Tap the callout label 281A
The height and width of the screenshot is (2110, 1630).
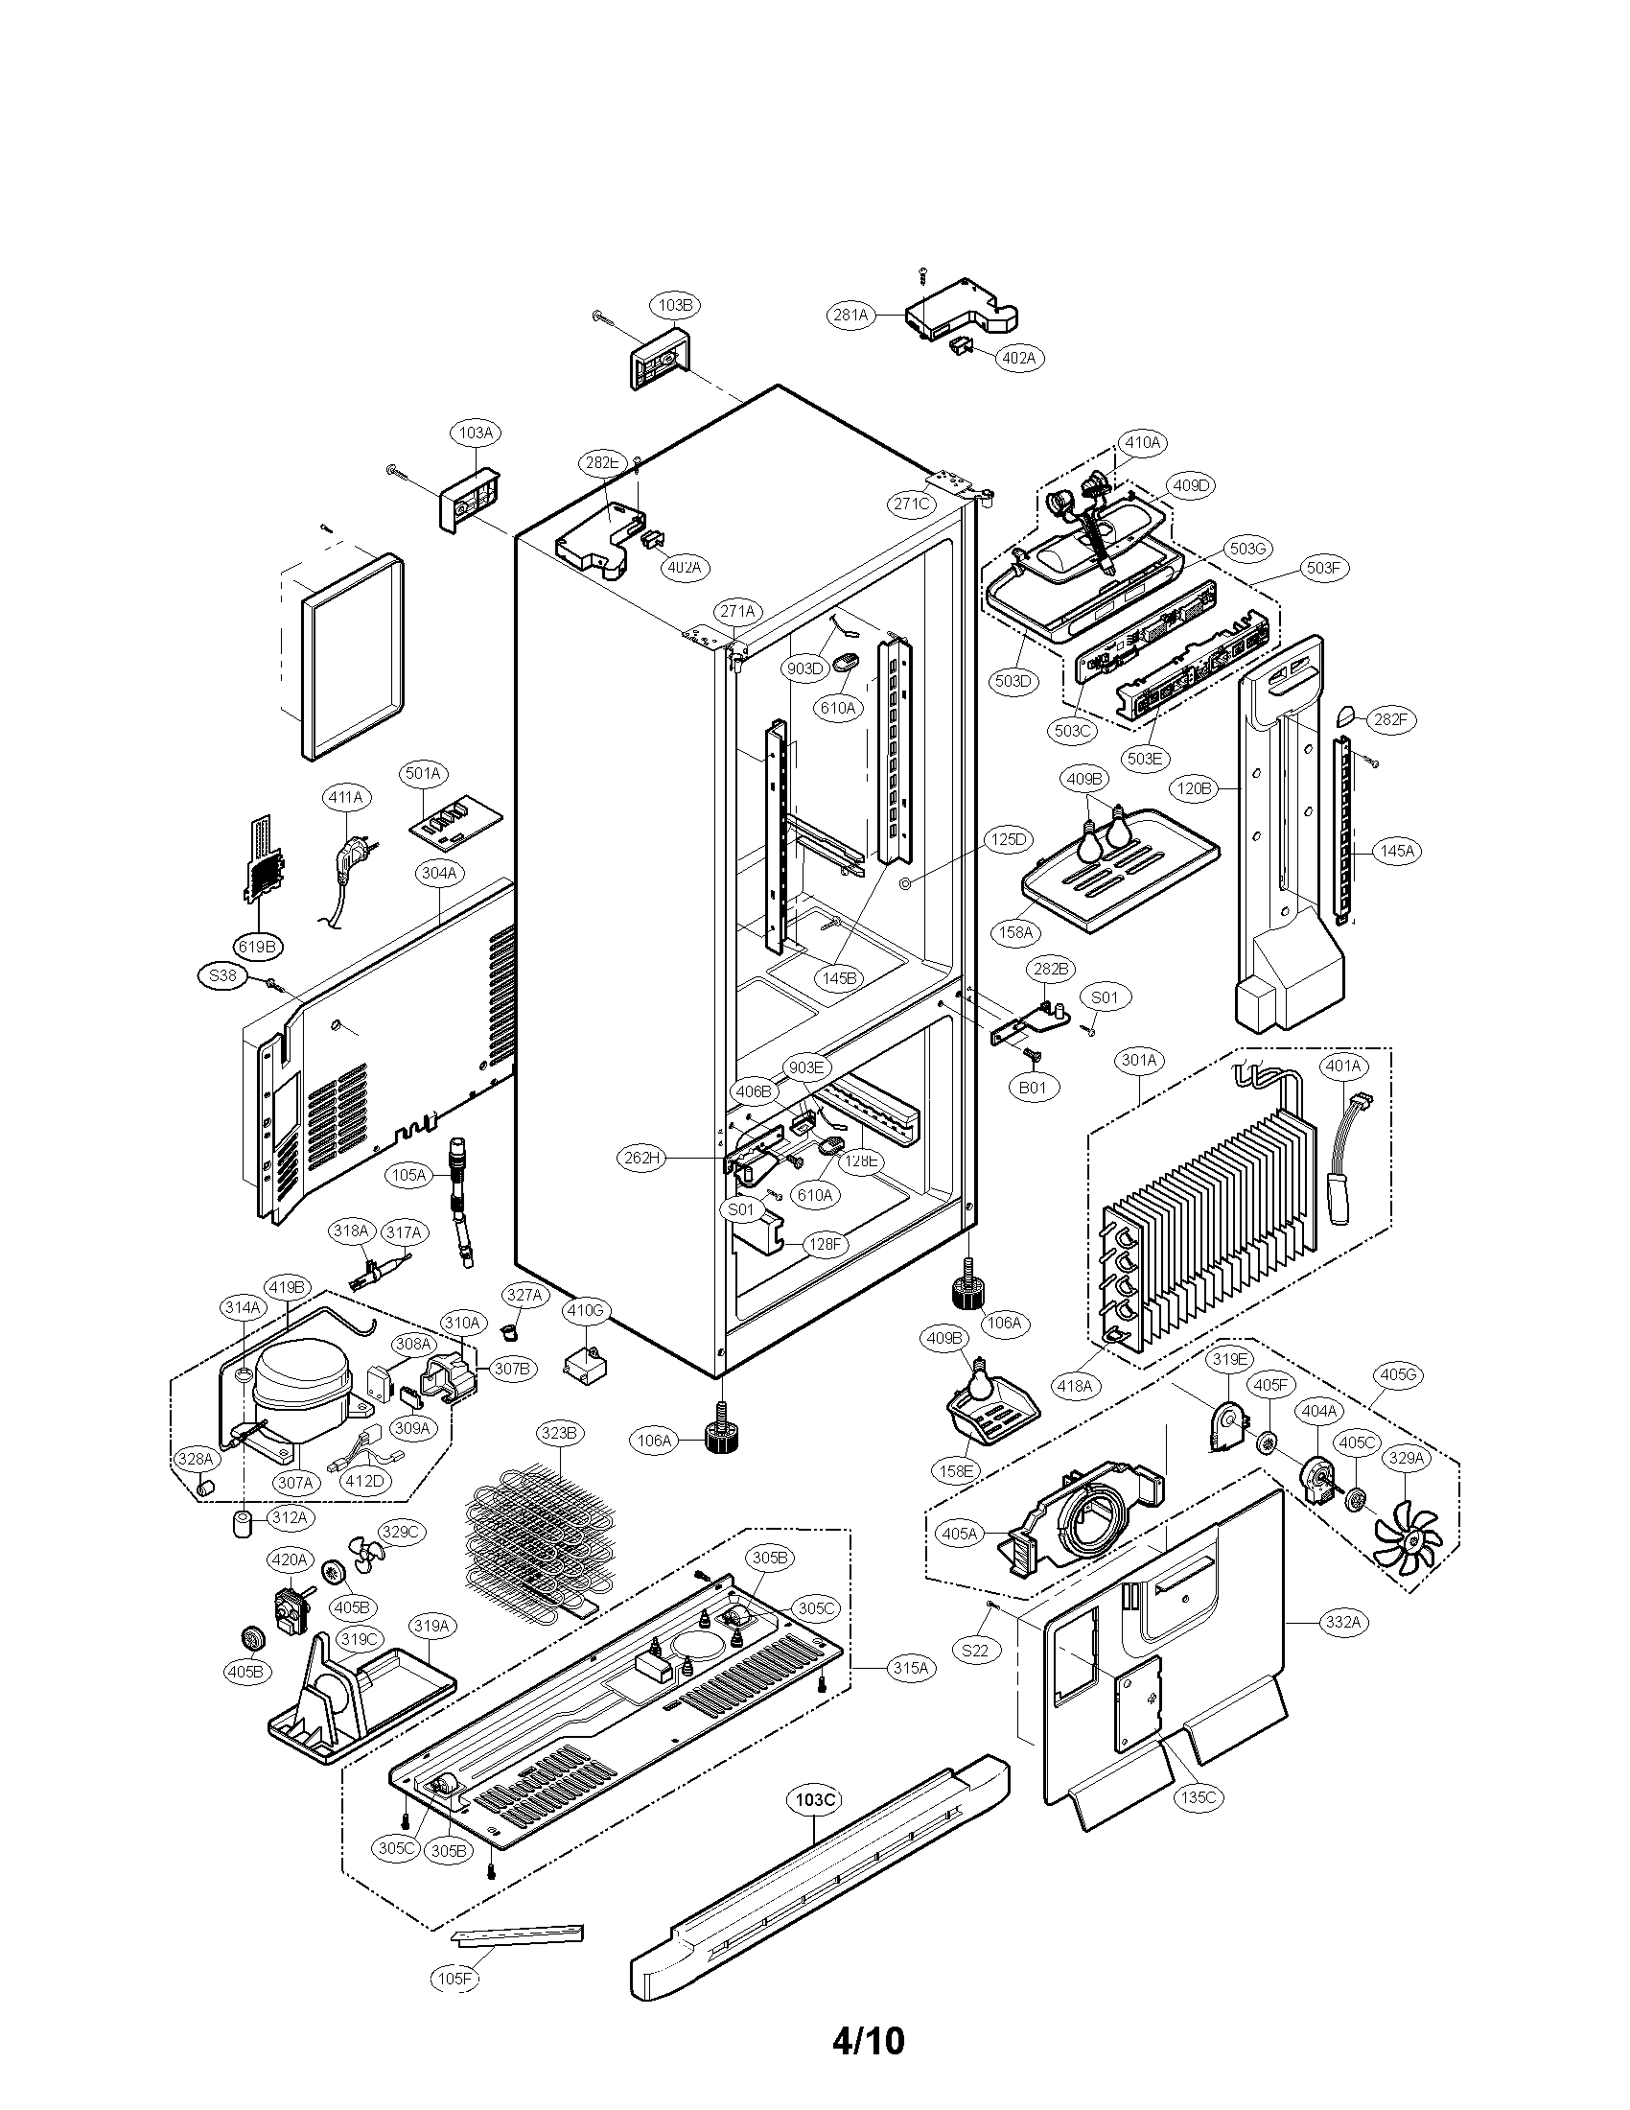point(850,314)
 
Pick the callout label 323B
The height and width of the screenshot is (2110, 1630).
point(558,1433)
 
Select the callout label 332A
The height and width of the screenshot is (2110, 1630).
point(1341,1622)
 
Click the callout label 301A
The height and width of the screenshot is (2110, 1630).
point(1138,1060)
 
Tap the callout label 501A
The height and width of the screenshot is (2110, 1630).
point(423,773)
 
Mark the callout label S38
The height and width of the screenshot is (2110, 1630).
point(222,975)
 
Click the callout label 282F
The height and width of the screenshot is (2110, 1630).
point(1388,719)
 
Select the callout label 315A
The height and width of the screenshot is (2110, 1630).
point(909,1668)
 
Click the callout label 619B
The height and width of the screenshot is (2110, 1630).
point(256,947)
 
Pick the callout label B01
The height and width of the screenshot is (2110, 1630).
point(1033,1088)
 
